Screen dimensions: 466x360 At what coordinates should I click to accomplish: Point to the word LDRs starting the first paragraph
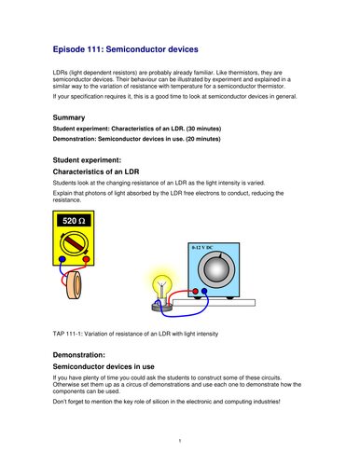pyautogui.click(x=60, y=72)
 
